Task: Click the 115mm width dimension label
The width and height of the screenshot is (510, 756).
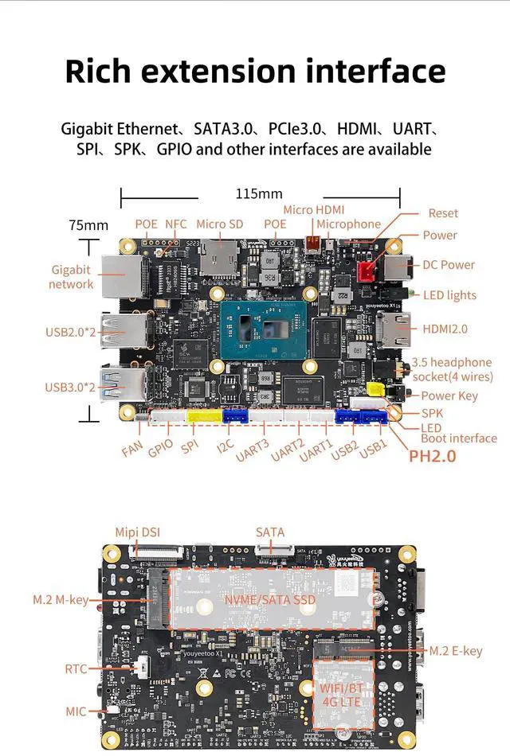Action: coord(259,193)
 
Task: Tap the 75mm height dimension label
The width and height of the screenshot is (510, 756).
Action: coord(88,225)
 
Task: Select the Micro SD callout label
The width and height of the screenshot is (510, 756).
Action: coord(219,224)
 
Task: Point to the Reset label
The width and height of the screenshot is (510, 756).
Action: coord(443,213)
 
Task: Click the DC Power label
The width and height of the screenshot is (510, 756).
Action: coord(448,265)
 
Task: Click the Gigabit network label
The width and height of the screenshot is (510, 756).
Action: coord(71,277)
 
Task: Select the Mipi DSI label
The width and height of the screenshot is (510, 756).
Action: coord(138,532)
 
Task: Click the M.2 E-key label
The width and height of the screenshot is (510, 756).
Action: coord(456,651)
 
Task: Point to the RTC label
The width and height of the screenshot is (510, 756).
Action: coord(76,669)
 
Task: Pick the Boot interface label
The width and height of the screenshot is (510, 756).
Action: coord(458,438)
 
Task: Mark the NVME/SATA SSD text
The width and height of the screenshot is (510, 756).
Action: coord(269,599)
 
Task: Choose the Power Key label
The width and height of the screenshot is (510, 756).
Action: coord(449,396)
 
